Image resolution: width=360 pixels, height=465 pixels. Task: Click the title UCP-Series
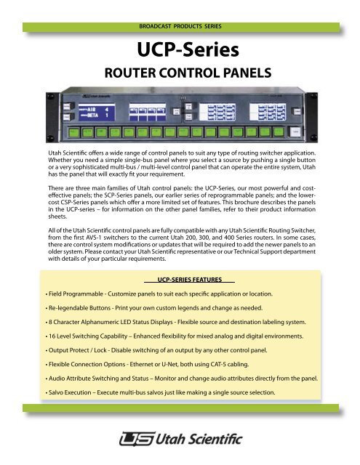(179, 52)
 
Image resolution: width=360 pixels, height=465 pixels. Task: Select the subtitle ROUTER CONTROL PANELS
(180, 73)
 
